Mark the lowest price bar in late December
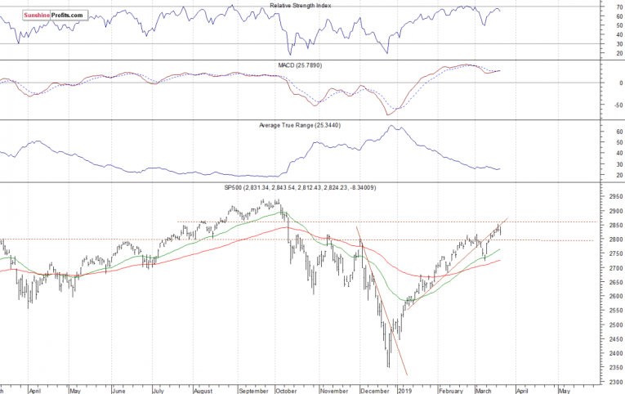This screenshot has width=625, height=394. click(x=389, y=366)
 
